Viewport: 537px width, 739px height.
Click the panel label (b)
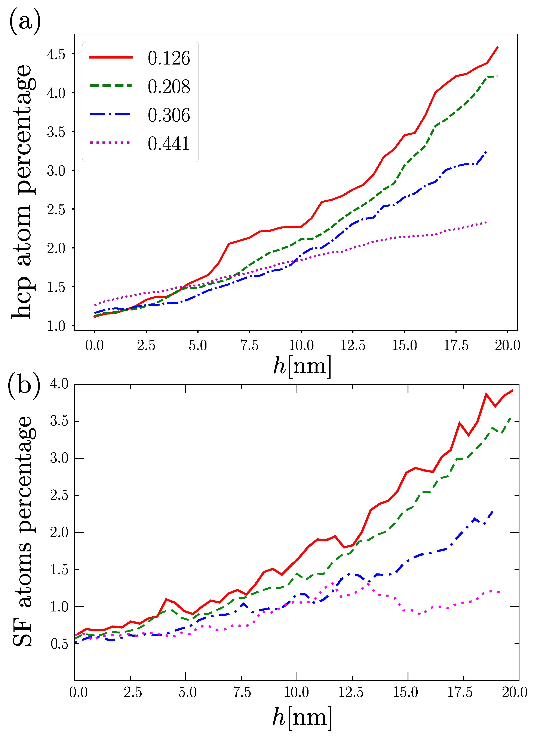pyautogui.click(x=24, y=386)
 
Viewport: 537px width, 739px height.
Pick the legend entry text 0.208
pyautogui.click(x=169, y=87)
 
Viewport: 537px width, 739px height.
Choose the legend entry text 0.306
pyautogui.click(x=169, y=115)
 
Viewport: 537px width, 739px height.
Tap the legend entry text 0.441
pyautogui.click(x=169, y=144)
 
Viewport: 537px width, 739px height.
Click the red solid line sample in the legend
pyautogui.click(x=111, y=57)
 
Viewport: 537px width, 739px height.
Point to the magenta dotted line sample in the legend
pyautogui.click(x=110, y=143)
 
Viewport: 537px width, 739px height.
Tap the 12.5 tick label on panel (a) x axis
pyautogui.click(x=353, y=346)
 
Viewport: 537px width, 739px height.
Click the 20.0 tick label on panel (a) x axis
pyautogui.click(x=507, y=346)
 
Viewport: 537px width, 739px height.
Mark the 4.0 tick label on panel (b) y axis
pyautogui.click(x=59, y=384)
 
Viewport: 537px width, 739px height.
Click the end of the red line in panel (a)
pyautogui.click(x=497, y=47)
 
